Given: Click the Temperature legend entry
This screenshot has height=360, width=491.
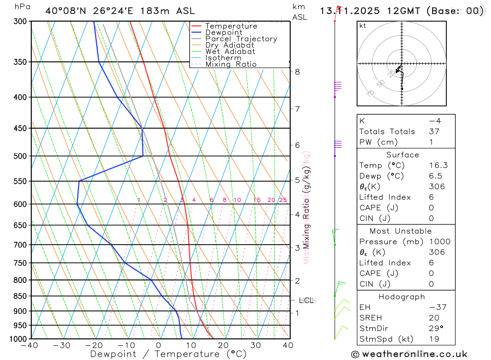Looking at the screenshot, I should pyautogui.click(x=231, y=26).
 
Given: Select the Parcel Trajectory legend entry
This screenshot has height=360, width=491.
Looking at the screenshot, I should pyautogui.click(x=241, y=39).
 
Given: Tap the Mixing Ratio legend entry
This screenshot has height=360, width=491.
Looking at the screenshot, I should pyautogui.click(x=231, y=64).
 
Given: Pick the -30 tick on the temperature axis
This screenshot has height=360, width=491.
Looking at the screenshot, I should pyautogui.click(x=61, y=345).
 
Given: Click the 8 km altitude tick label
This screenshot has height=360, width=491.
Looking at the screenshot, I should pyautogui.click(x=297, y=72).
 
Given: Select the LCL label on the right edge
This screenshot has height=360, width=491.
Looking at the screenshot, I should pyautogui.click(x=306, y=300).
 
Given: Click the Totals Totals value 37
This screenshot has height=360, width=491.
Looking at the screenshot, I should pyautogui.click(x=434, y=131).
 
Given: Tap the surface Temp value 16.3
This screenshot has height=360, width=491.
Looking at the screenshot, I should pyautogui.click(x=438, y=166).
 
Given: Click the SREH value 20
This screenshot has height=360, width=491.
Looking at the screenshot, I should pyautogui.click(x=434, y=317).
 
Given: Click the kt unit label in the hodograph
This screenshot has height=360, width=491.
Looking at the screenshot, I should pyautogui.click(x=363, y=26).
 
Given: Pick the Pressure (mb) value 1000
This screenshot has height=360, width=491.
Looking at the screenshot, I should pyautogui.click(x=438, y=242).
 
